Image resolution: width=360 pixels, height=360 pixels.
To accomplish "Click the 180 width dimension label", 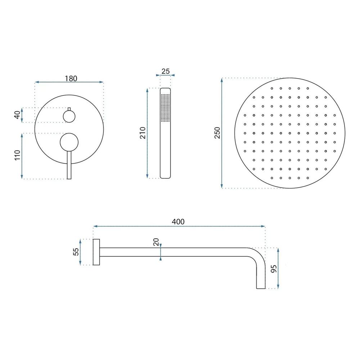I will [x=71, y=78].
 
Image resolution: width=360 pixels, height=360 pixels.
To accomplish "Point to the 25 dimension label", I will [x=166, y=71].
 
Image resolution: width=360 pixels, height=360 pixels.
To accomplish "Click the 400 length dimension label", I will [x=178, y=222].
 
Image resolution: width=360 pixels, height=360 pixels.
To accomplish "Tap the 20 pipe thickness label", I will [x=156, y=242].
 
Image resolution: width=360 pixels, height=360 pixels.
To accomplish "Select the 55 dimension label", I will [x=76, y=252].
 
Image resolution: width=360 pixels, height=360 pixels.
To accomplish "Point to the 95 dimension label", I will [x=273, y=269].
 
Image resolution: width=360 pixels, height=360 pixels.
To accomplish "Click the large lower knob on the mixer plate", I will [x=69, y=141].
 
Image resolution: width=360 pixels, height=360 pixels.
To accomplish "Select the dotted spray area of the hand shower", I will [x=166, y=108].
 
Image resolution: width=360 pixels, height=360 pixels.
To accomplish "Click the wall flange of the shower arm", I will [x=96, y=252].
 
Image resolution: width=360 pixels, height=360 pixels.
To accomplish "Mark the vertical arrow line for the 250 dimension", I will [x=222, y=133].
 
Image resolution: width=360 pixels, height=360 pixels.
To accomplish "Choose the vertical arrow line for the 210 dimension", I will [x=148, y=133].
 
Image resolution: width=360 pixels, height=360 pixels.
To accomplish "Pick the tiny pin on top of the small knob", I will [x=69, y=109].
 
